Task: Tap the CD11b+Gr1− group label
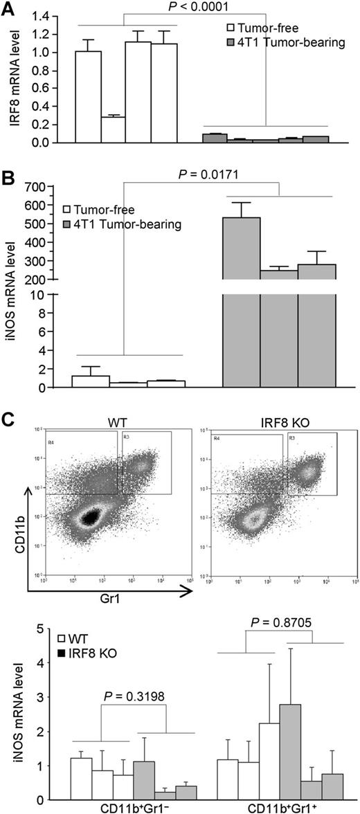(120, 807)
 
